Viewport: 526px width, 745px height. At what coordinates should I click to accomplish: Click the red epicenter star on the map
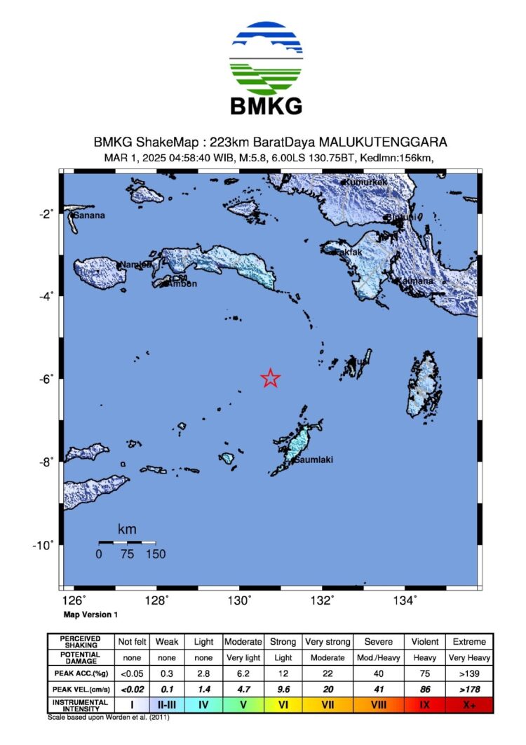pyautogui.click(x=271, y=378)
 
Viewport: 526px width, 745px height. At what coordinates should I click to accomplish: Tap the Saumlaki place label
pyautogui.click(x=313, y=460)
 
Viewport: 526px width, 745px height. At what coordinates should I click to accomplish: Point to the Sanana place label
pyautogui.click(x=89, y=215)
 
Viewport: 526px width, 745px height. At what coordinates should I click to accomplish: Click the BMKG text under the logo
pyautogui.click(x=267, y=106)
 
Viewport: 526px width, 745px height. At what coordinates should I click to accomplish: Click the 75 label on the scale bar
pyautogui.click(x=127, y=554)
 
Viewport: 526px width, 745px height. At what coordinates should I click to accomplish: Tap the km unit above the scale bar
pyautogui.click(x=127, y=529)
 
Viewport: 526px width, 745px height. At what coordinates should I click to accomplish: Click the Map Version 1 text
pyautogui.click(x=91, y=614)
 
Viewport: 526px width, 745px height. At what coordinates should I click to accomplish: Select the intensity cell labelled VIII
pyautogui.click(x=379, y=704)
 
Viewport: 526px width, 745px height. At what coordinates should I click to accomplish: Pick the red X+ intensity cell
pyautogui.click(x=468, y=704)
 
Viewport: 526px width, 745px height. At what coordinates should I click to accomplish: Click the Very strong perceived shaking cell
pyautogui.click(x=328, y=642)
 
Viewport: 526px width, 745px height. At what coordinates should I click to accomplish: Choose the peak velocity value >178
pyautogui.click(x=468, y=688)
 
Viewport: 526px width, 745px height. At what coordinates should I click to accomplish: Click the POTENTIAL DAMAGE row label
pyautogui.click(x=78, y=657)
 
